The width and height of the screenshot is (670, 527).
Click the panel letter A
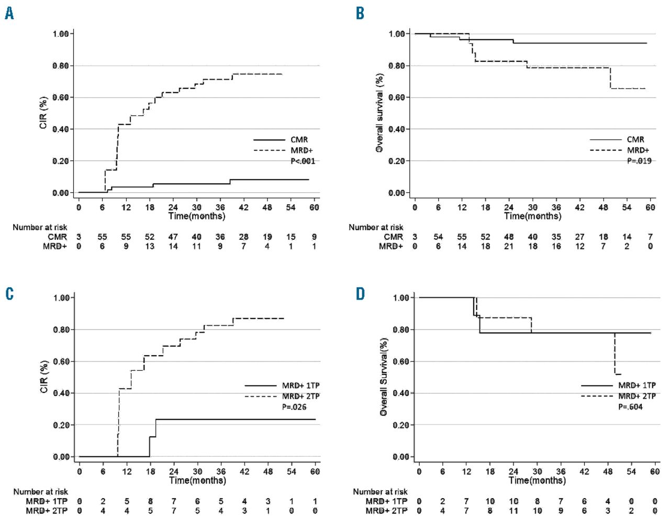tap(9, 14)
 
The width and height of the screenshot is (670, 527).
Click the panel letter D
tap(360, 294)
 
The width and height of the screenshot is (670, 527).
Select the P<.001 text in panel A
tap(303, 161)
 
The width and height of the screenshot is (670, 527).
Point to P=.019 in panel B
tap(639, 161)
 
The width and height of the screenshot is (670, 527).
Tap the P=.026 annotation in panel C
tap(294, 407)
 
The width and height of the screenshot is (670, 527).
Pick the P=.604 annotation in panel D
tap(630, 407)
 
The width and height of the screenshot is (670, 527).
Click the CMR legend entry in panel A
tap(299, 139)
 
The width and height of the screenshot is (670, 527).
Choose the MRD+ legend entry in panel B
tap(638, 150)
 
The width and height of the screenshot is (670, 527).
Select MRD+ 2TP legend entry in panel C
tap(300, 396)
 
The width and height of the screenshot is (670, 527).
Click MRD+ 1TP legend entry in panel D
tap(636, 385)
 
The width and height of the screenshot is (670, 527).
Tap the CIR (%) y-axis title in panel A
tap(43, 113)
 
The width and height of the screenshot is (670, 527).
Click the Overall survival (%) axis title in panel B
tap(379, 113)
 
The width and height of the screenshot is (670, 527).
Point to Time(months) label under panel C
tap(197, 480)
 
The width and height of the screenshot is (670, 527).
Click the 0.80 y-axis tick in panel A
tap(61, 66)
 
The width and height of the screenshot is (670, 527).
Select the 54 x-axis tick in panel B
tap(627, 207)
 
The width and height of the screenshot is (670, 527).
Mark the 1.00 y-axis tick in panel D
tap(401, 298)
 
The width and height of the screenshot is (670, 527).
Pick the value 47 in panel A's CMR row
tap(173, 237)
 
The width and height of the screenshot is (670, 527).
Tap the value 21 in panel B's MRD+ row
tap(509, 246)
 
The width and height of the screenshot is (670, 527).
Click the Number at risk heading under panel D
tap(380, 491)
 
